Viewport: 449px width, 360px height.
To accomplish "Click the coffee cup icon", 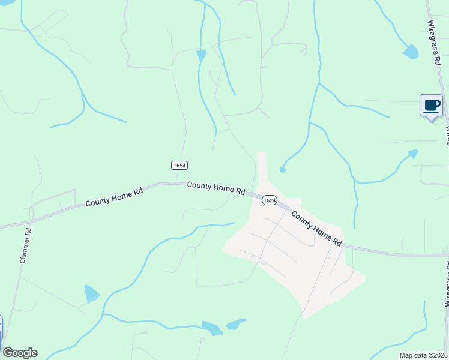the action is (x=431, y=106).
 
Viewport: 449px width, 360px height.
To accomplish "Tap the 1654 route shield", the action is (x=179, y=165).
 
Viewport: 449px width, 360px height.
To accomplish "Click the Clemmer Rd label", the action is (x=24, y=245).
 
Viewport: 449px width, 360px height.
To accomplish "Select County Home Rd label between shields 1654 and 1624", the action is (x=216, y=188).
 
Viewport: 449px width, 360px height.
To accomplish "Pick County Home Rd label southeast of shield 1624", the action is (x=316, y=228).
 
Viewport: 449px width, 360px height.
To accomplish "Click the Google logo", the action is (x=20, y=353).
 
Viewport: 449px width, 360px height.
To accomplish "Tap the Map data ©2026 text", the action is (x=424, y=355).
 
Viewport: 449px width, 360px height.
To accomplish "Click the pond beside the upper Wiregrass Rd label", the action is (x=411, y=52).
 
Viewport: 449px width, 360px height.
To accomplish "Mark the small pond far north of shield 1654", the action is (x=201, y=56).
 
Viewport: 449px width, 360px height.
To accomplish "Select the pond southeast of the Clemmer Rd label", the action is (x=91, y=294).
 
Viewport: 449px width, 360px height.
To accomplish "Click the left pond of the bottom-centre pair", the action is (x=212, y=328).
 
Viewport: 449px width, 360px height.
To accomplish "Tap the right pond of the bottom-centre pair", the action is (x=235, y=324).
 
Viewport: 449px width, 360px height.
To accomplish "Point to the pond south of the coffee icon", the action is (x=412, y=154).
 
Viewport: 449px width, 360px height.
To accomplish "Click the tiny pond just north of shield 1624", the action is (x=283, y=170).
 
